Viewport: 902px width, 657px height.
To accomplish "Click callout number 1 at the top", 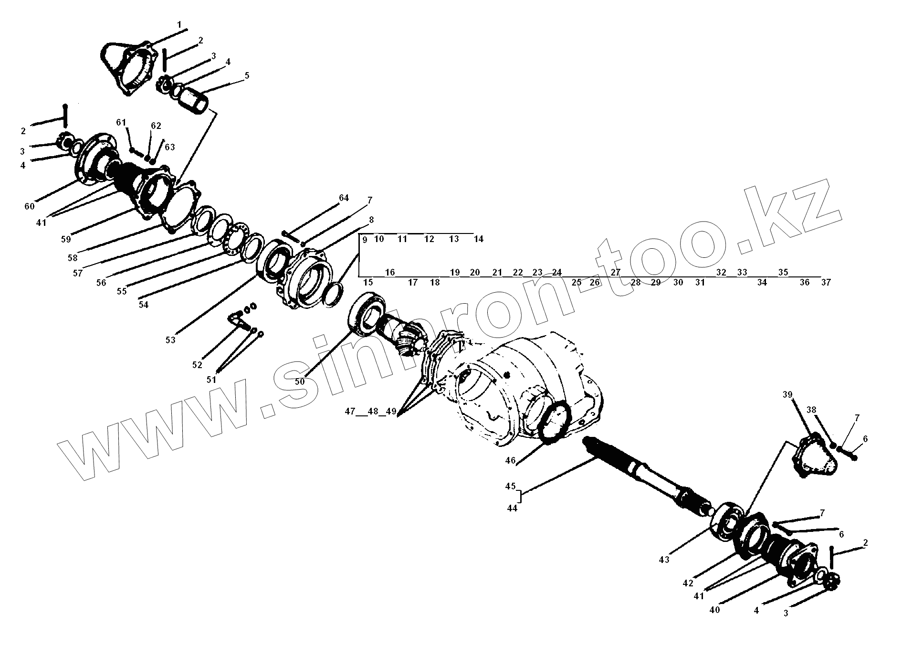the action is pyautogui.click(x=179, y=24).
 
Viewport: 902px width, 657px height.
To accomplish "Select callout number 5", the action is pyautogui.click(x=247, y=75).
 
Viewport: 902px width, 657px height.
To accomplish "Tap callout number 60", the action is pyautogui.click(x=30, y=206).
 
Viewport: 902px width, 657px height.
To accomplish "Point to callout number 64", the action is pyautogui.click(x=344, y=198).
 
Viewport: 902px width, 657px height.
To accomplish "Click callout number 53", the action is pyautogui.click(x=170, y=340).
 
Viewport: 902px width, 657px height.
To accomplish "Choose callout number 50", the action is pyautogui.click(x=300, y=382).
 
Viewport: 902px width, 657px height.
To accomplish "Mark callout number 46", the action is pyautogui.click(x=511, y=460).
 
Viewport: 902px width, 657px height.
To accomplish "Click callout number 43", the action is pyautogui.click(x=664, y=560).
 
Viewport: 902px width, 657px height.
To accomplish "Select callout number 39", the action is pyautogui.click(x=787, y=394).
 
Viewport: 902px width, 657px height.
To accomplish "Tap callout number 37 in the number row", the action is pyautogui.click(x=826, y=282).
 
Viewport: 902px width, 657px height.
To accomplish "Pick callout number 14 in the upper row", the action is pyautogui.click(x=479, y=239).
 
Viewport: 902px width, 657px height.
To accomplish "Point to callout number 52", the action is pyautogui.click(x=197, y=365).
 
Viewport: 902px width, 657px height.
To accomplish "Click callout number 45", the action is pyautogui.click(x=511, y=486).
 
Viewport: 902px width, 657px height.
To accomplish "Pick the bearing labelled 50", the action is pyautogui.click(x=367, y=313).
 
